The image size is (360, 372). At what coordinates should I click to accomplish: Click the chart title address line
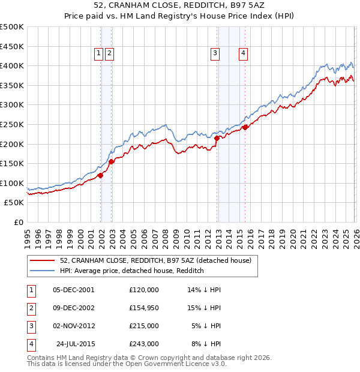click(x=180, y=5)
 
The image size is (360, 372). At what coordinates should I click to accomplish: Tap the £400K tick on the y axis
click(x=12, y=66)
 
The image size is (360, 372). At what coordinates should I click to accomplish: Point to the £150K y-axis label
click(x=12, y=163)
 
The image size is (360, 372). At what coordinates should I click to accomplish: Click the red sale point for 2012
click(x=217, y=138)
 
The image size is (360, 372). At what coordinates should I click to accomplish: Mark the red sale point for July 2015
click(x=245, y=127)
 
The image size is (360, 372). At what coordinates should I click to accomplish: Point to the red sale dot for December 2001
click(x=101, y=175)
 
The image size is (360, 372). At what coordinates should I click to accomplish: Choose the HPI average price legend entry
click(x=132, y=271)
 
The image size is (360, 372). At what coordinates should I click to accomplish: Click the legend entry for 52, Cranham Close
click(x=158, y=260)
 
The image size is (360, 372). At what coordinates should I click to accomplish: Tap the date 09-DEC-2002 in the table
click(x=74, y=307)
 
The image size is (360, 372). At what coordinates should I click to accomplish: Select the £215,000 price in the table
click(x=144, y=326)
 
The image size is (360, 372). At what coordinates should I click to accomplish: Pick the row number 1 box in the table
click(x=30, y=289)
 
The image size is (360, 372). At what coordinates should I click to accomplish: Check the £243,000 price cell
click(x=144, y=344)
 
